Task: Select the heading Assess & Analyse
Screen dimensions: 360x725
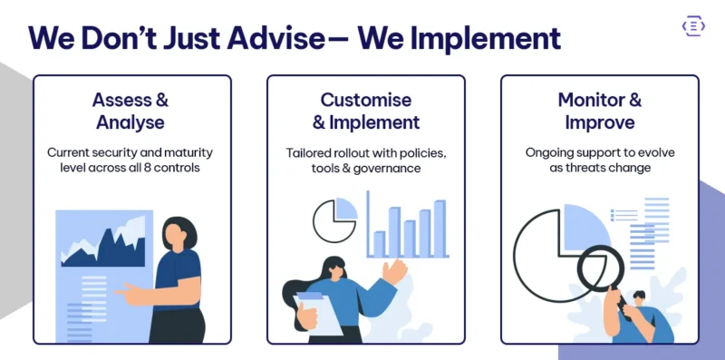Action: tap(131, 111)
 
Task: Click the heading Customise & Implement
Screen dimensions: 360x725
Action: tap(365, 111)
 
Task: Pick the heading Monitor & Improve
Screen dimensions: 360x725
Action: tap(599, 111)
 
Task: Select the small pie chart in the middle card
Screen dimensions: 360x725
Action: tap(334, 221)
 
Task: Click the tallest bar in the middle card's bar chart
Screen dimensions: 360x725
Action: tap(440, 229)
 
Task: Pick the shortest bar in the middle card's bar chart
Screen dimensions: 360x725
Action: tap(379, 243)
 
